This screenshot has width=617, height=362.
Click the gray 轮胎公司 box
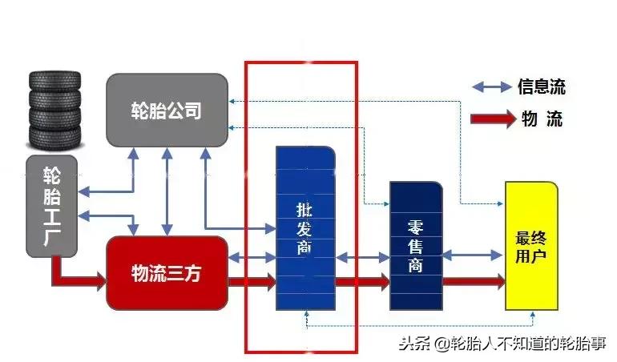tap(167, 111)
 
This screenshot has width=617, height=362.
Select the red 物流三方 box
tap(167, 273)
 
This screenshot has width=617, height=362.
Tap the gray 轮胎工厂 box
tap(52, 205)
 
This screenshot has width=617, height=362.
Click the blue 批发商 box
tap(305, 228)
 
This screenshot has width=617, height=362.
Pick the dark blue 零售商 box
tap(415, 245)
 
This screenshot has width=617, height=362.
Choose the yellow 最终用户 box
tap(530, 245)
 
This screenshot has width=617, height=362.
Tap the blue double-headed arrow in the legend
tap(492, 86)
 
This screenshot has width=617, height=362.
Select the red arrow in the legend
tap(492, 119)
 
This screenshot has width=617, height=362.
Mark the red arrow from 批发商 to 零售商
tap(361, 281)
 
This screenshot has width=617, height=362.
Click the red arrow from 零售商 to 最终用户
tap(473, 281)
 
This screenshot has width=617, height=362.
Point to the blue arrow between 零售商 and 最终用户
tap(473, 255)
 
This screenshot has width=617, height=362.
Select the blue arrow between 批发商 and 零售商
tap(361, 257)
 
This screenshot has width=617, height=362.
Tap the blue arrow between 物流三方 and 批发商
tap(252, 257)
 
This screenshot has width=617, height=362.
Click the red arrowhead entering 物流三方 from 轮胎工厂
tap(99, 281)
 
